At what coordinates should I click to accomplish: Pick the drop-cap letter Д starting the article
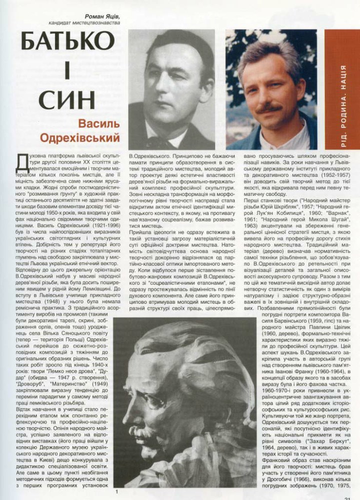point(22,161)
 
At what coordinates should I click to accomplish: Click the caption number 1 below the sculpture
point(116,492)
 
